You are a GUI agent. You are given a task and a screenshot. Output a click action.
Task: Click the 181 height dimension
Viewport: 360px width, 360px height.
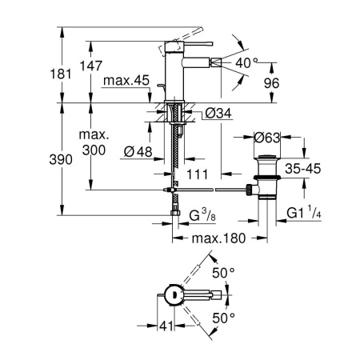tap(61, 74)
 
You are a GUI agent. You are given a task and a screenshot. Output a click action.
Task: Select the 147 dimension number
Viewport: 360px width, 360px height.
tap(91, 66)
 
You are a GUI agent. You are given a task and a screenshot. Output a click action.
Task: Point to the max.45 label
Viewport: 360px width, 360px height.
tap(126, 80)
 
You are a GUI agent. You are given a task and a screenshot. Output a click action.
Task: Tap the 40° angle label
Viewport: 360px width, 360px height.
tap(246, 63)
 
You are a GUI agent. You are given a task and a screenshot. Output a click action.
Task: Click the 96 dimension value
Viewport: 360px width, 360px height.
tap(271, 83)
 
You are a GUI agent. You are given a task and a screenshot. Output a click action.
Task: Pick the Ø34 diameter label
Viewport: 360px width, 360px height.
tap(218, 114)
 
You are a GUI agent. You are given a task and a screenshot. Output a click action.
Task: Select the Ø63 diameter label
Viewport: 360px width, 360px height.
tap(267, 138)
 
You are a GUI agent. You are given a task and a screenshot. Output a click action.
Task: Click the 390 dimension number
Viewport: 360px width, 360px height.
tap(61, 160)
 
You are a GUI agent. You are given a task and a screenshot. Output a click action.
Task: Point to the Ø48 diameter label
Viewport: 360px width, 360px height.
tap(138, 152)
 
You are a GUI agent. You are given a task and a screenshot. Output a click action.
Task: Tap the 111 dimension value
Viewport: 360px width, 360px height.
tap(197, 174)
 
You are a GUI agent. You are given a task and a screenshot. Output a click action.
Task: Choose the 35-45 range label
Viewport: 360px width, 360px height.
tap(303, 169)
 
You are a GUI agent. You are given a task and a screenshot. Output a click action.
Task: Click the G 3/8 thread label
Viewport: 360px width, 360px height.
tap(202, 215)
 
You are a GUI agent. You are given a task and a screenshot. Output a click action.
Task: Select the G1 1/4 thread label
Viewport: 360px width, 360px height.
tap(304, 212)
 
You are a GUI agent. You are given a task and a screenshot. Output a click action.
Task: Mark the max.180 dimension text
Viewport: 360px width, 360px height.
tap(218, 238)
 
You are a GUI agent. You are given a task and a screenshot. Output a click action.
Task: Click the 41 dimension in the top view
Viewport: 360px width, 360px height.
tap(166, 326)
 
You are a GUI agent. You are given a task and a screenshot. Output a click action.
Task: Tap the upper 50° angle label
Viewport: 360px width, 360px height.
tap(223, 273)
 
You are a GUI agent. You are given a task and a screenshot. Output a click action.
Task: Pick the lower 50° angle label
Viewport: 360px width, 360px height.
tap(223, 318)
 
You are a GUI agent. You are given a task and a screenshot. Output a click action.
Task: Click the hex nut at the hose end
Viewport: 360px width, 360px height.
tap(175, 213)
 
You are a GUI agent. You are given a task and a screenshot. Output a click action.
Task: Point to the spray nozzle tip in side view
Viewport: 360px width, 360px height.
tap(215, 63)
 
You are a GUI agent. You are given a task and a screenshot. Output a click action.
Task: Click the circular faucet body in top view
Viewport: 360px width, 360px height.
tap(174, 295)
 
